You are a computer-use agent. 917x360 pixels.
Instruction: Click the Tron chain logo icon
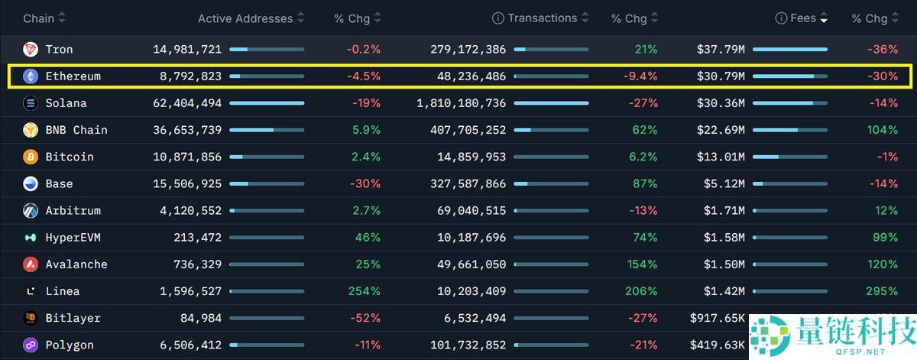click(x=31, y=50)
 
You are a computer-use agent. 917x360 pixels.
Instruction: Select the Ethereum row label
click(x=73, y=76)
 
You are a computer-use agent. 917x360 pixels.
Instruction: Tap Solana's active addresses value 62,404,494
click(x=187, y=103)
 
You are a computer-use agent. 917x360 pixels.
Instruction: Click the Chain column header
click(x=38, y=18)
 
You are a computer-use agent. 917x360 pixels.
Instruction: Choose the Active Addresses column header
click(x=245, y=18)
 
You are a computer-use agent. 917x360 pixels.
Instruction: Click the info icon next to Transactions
click(x=498, y=18)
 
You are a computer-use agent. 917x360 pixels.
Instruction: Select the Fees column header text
click(x=803, y=18)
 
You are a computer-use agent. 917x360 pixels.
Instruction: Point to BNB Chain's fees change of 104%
click(x=882, y=130)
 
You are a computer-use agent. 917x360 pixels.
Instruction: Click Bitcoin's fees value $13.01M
click(x=721, y=157)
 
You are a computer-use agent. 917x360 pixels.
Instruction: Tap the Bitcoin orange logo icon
click(x=31, y=157)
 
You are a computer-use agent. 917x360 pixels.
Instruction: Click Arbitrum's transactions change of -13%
click(x=643, y=210)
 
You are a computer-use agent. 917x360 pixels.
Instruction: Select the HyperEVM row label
click(x=73, y=238)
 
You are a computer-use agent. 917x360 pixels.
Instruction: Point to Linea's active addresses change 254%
click(x=364, y=291)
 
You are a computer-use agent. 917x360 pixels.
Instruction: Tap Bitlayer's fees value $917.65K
click(x=717, y=318)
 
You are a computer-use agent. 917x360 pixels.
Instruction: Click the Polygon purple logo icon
click(x=31, y=345)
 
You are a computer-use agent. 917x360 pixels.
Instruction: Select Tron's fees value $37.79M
click(x=721, y=50)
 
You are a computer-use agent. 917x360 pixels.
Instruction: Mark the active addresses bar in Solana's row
click(x=267, y=103)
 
